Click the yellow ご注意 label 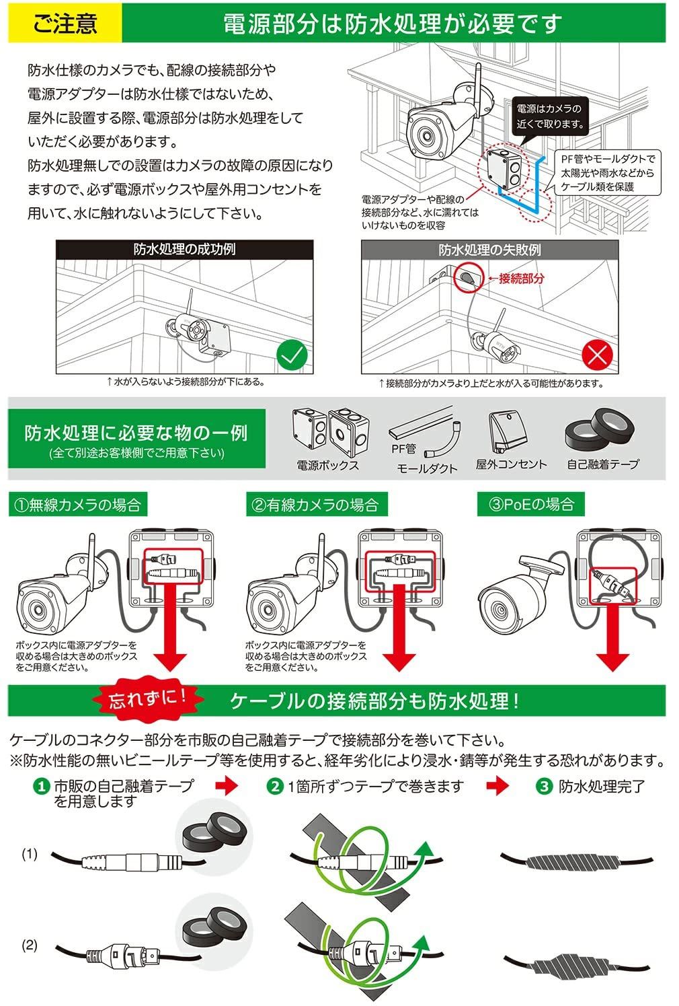[65, 23]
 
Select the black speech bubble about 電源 [550, 116]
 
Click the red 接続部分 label [520, 278]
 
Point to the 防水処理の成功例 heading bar [184, 249]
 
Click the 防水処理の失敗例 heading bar [489, 250]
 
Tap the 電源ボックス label [328, 465]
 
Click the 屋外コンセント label [511, 464]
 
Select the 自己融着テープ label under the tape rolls [602, 464]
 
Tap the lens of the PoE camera [500, 610]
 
